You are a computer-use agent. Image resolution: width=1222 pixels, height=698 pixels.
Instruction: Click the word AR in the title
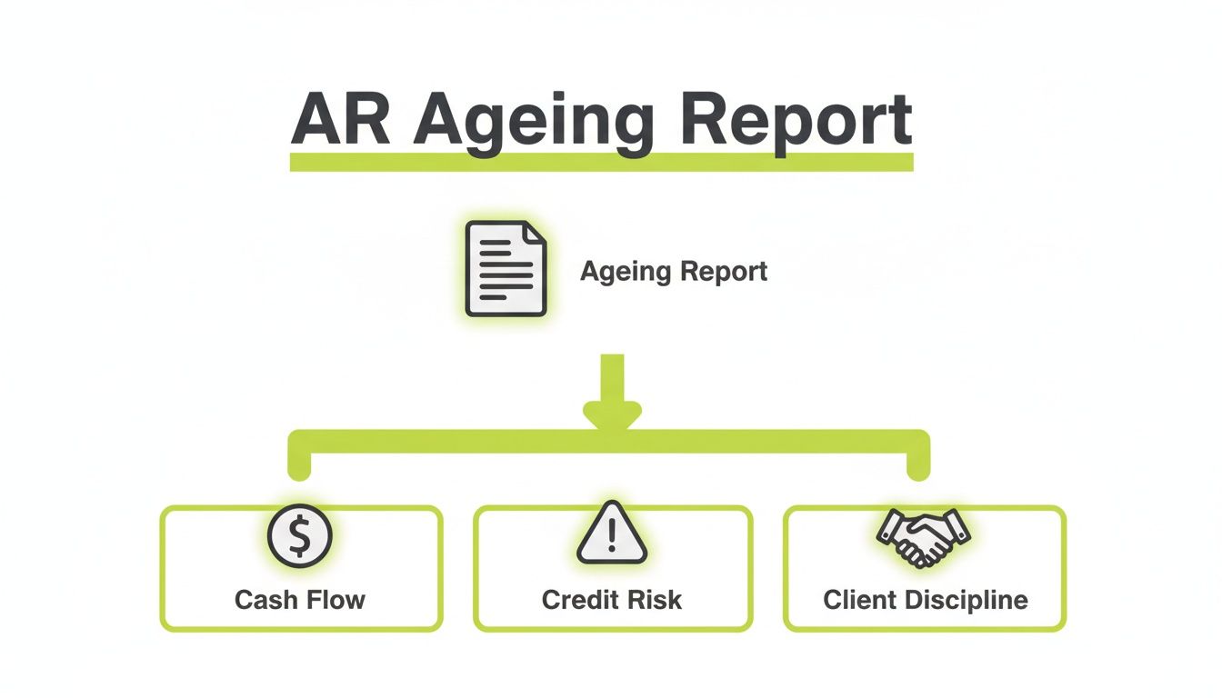[340, 119]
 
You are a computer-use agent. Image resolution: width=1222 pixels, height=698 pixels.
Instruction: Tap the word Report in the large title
[795, 121]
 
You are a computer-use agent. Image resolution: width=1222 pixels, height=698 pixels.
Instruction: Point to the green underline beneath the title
[601, 162]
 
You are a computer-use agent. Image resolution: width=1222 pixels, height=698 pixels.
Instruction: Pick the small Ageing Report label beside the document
[674, 271]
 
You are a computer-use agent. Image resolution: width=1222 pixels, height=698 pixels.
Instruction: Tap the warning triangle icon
[612, 536]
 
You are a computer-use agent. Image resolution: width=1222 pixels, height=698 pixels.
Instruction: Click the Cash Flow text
[300, 600]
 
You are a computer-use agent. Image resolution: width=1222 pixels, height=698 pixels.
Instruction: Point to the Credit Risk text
[612, 600]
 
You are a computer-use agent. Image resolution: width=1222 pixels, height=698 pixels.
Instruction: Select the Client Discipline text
[926, 600]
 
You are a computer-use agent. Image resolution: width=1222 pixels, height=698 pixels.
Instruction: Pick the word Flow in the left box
[336, 600]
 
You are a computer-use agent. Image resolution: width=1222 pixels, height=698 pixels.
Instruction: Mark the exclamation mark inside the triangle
[612, 539]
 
